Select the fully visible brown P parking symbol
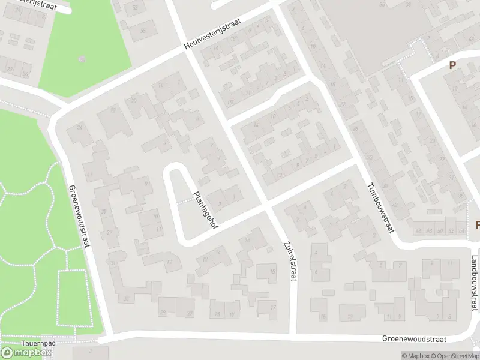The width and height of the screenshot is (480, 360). pos(452,65)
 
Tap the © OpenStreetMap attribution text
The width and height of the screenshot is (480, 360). pos(458,356)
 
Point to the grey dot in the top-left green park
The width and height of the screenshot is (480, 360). pos(82,59)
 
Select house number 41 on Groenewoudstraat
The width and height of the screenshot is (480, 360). pos(89,175)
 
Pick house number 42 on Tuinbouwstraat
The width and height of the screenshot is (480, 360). pos(394,188)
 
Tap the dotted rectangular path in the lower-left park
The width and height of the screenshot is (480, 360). pos(73,298)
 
